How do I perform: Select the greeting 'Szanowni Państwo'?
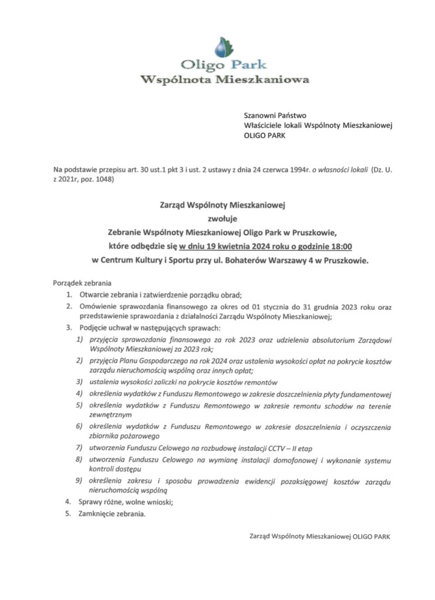(271, 115)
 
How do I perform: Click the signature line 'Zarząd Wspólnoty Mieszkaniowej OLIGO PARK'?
(319, 536)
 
